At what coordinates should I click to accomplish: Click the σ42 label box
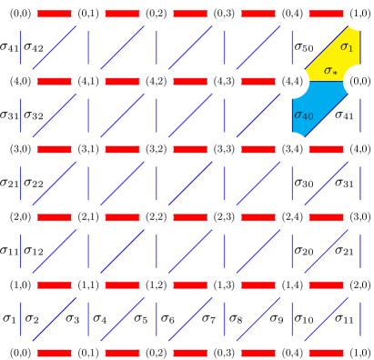(35, 47)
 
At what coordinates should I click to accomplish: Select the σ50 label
(303, 47)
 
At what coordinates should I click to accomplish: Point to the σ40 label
(303, 115)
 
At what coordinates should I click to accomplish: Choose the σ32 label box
(35, 115)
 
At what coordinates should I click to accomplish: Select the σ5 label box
(139, 318)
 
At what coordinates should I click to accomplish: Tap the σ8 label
(235, 318)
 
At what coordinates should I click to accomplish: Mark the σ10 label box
(303, 318)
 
